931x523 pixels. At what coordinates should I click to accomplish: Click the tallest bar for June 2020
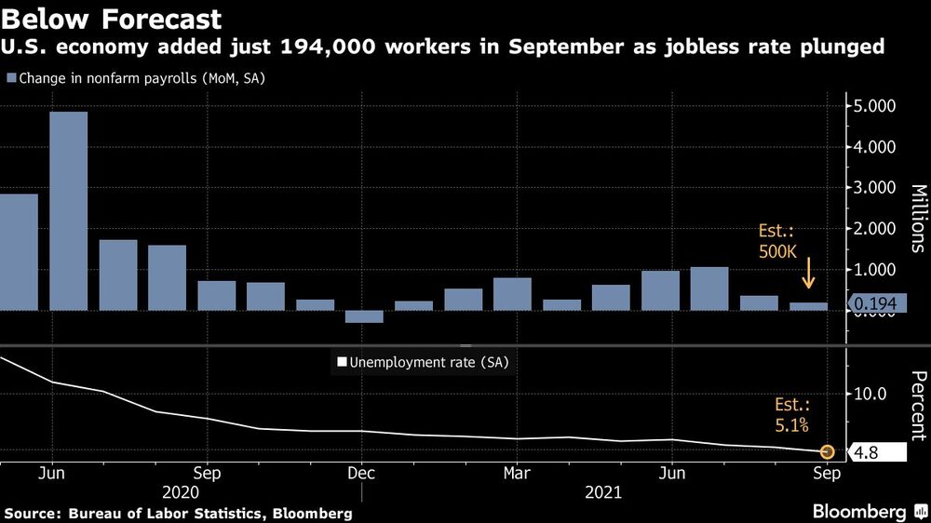coord(69,210)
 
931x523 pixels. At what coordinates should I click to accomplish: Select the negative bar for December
coord(364,316)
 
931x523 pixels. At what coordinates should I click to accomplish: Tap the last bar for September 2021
coord(809,306)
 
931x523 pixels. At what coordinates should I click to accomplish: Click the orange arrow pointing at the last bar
coord(808,274)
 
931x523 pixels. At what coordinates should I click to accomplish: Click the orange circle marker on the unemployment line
coord(826,452)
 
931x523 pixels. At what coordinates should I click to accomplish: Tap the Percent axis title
coord(917,405)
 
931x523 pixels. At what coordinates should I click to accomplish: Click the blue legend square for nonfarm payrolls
coord(10,79)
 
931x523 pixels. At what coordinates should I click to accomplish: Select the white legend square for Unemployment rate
coord(341,362)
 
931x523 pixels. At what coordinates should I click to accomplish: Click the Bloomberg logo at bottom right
coord(866,511)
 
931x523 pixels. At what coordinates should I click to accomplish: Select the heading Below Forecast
coord(113,20)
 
